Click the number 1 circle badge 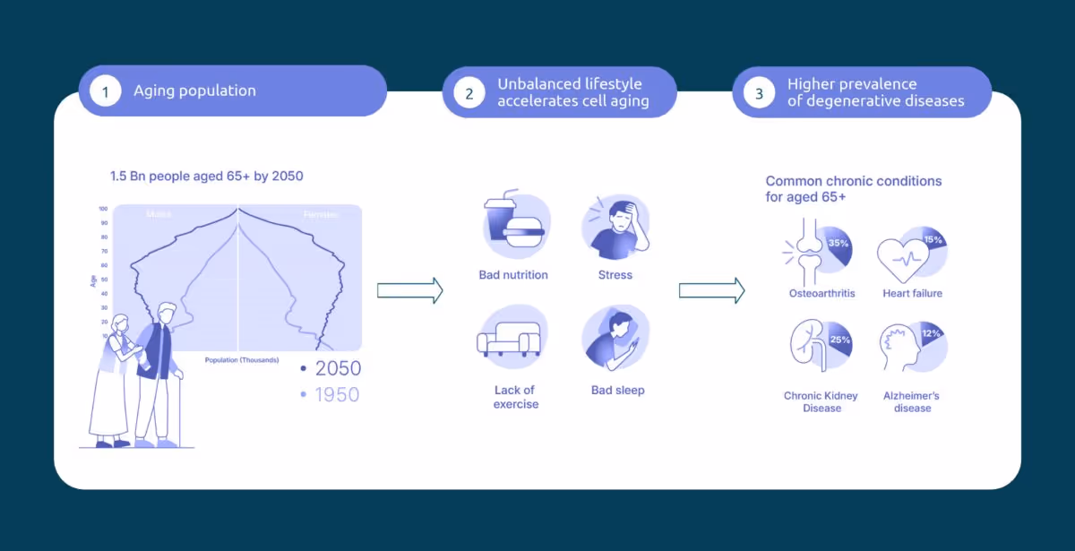click(105, 91)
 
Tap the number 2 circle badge click(469, 92)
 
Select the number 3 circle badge click(759, 92)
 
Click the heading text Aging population click(194, 90)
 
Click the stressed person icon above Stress click(615, 223)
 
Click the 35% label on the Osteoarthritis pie click(838, 244)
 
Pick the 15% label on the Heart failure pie click(933, 240)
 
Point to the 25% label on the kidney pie click(839, 340)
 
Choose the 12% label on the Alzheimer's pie click(932, 334)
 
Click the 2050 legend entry click(331, 368)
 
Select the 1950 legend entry click(331, 394)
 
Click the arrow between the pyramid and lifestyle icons click(410, 290)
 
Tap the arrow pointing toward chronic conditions click(711, 290)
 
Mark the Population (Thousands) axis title click(242, 360)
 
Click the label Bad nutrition click(513, 275)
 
